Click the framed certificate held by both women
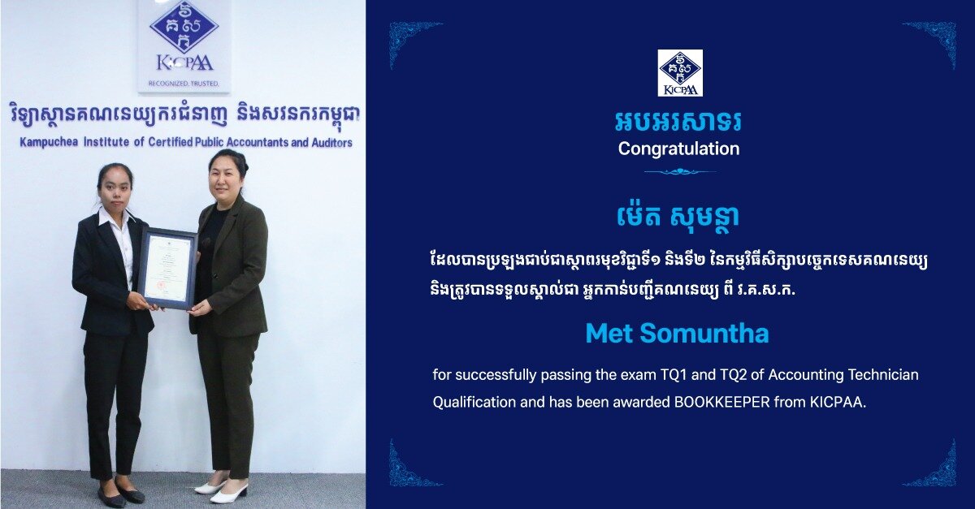tap(167, 268)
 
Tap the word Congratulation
tap(678, 149)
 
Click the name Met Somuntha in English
tap(678, 334)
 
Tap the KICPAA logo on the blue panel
tap(680, 72)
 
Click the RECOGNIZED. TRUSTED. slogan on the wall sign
tap(184, 83)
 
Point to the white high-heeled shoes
tap(221, 490)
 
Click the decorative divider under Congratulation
tap(679, 172)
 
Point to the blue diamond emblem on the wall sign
tap(184, 27)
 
